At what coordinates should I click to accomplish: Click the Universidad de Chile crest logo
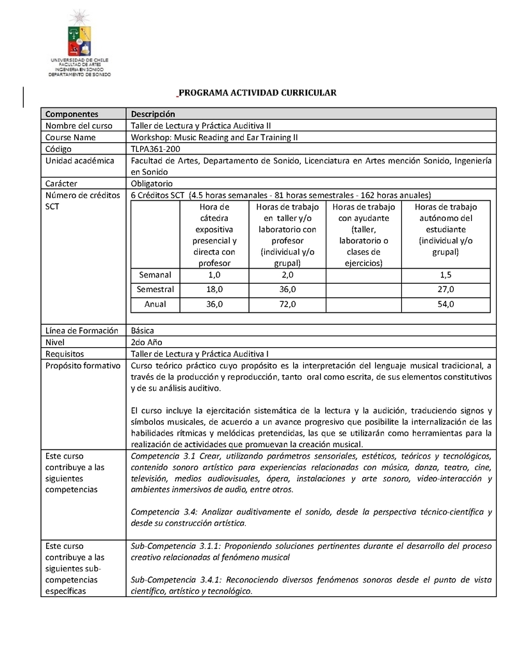coord(79,35)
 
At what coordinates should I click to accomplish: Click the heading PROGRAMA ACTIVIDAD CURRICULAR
coord(256,93)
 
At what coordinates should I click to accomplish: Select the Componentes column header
coord(72,114)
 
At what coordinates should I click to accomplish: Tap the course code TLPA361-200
coord(155,149)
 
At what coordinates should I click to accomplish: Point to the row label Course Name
coord(70,137)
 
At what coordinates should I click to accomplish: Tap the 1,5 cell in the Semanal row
coord(445,275)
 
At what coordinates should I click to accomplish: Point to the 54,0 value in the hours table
coord(445,304)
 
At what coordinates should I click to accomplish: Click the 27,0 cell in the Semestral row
coord(445,290)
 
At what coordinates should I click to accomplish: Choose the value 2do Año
coord(146,342)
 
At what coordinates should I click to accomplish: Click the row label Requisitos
coord(65,354)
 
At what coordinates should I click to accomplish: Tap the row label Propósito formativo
coord(82,365)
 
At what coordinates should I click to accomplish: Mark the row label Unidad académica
coord(79,160)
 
